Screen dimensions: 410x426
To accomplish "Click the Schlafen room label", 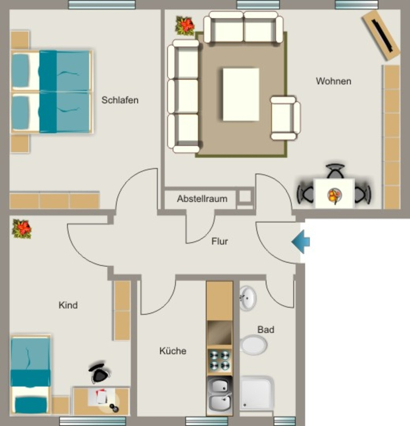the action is point(120,100).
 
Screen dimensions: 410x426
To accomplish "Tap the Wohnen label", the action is point(333,81).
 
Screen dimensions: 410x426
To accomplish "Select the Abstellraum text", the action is point(202,199).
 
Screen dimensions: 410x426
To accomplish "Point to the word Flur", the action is point(220,241).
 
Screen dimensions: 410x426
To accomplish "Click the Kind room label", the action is point(68,305).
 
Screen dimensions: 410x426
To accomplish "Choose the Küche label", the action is point(173,351).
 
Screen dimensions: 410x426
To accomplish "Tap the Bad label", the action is point(266,329).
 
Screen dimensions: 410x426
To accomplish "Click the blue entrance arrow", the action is point(301,242).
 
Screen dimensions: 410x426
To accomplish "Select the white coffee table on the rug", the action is point(241,94).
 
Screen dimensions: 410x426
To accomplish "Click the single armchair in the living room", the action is point(285,118).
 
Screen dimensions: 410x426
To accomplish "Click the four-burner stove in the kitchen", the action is point(220,361).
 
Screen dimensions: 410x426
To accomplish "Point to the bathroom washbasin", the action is point(247,298).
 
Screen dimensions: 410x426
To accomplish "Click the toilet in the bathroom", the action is point(253,345).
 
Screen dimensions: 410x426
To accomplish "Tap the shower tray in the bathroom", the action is point(257,393).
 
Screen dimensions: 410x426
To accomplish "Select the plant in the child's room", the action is point(22,229).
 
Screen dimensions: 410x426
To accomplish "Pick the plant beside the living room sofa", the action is point(185,26).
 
